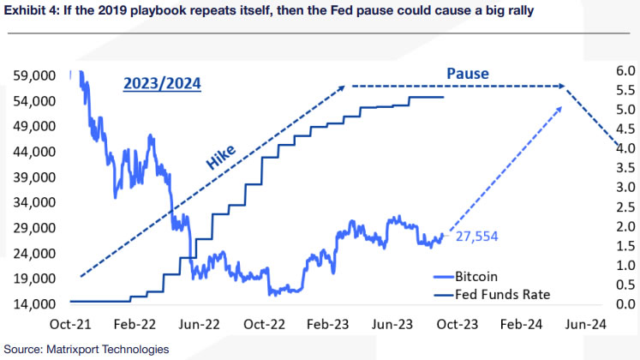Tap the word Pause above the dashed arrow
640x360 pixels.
tap(468, 74)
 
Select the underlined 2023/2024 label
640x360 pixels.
tap(164, 84)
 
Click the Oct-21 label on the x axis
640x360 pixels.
tap(72, 326)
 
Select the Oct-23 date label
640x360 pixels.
tap(457, 326)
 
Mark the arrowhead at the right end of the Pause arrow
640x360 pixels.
tap(562, 86)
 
